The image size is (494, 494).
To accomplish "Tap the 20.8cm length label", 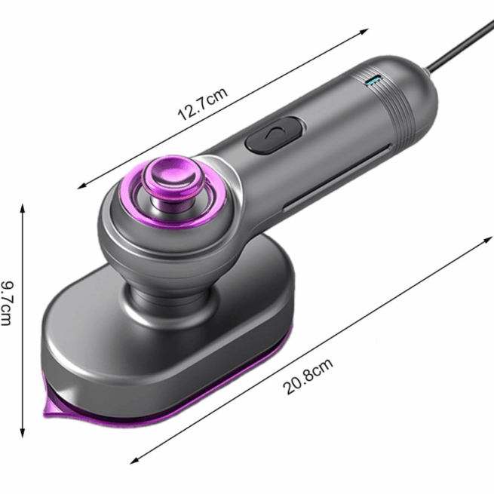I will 308,377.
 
